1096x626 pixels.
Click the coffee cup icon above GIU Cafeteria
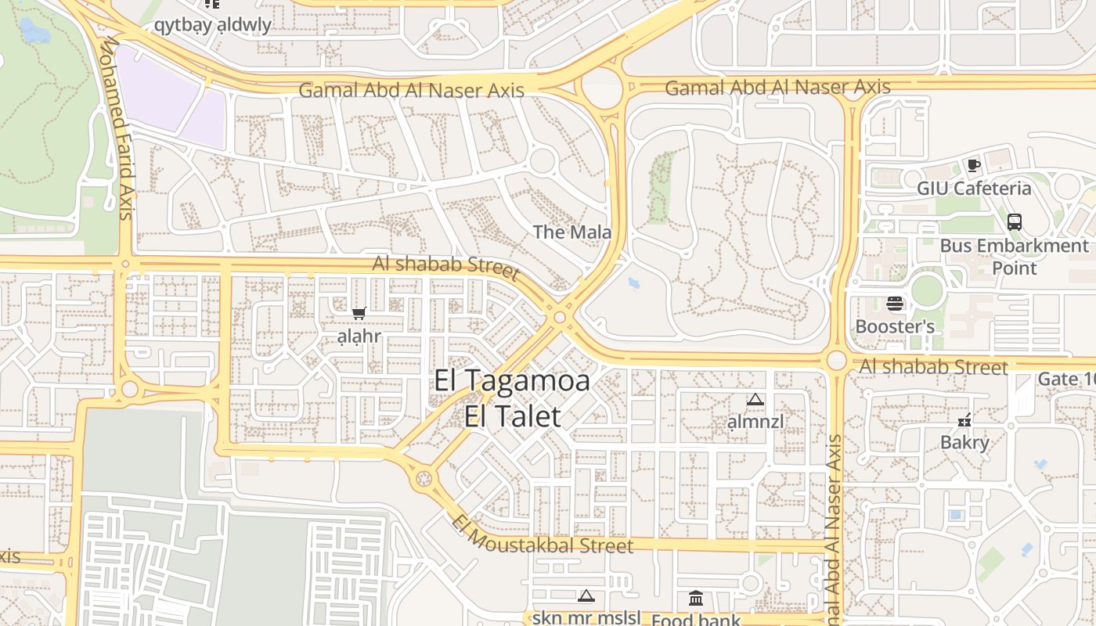click(x=973, y=165)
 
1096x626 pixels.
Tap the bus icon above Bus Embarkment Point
click(x=1015, y=221)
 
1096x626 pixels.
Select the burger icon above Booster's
click(x=895, y=304)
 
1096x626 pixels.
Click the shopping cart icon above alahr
click(x=359, y=314)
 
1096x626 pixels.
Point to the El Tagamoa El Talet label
click(x=513, y=398)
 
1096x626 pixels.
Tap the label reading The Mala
click(x=571, y=232)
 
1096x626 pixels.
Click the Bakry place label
click(x=964, y=442)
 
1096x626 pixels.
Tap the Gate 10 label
click(x=1065, y=380)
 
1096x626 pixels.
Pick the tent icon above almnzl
click(x=755, y=400)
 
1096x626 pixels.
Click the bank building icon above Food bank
click(x=696, y=599)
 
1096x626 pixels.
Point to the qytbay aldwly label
click(x=212, y=25)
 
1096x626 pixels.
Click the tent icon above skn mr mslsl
click(x=586, y=596)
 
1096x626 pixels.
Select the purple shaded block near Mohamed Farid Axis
click(x=172, y=98)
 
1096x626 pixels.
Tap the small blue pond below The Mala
click(x=634, y=282)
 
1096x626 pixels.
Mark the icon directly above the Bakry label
click(x=964, y=420)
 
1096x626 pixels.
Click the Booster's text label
click(x=895, y=326)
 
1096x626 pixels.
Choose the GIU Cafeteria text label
click(x=974, y=189)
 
